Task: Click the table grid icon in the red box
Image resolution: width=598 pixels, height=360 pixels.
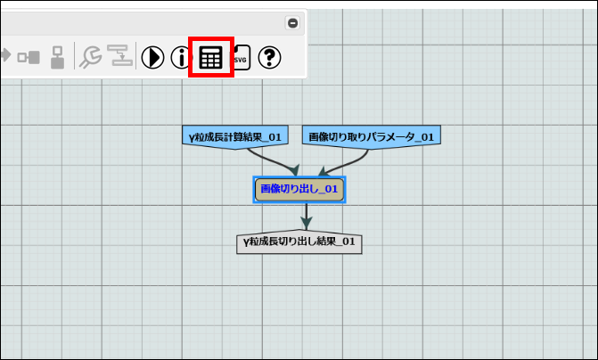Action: [x=211, y=58]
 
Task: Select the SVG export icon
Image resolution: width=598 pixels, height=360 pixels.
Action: [x=240, y=58]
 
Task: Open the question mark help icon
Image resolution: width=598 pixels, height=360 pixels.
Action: [x=270, y=58]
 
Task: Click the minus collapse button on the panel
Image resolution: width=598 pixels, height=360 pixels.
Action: [x=292, y=23]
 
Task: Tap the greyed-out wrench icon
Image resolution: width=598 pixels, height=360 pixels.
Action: [x=90, y=57]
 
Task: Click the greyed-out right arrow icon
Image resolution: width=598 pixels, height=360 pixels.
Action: [x=4, y=56]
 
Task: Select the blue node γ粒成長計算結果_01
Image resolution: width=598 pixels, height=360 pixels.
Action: [x=235, y=136]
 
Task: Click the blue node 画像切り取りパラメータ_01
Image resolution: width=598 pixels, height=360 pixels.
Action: [x=372, y=136]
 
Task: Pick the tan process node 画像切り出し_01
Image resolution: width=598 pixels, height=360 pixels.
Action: [x=299, y=189]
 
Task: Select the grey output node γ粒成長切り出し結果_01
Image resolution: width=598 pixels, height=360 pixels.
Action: [x=299, y=241]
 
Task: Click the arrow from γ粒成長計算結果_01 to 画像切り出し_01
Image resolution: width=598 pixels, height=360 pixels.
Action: [x=271, y=160]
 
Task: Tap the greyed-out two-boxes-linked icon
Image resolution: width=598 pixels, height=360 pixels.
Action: [x=29, y=57]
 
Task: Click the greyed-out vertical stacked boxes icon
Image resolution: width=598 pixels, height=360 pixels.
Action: [x=57, y=57]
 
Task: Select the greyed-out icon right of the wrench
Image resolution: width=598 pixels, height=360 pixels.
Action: [x=119, y=57]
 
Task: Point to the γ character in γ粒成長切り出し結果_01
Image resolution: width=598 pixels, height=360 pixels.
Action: [x=246, y=241]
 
